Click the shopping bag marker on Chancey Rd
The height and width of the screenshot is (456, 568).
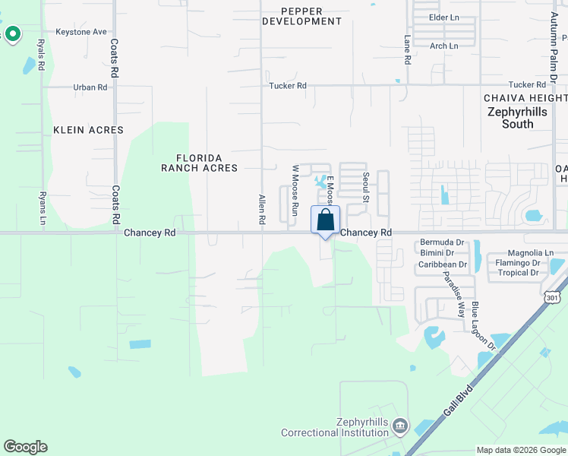326,220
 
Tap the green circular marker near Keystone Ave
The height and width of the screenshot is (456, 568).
12,33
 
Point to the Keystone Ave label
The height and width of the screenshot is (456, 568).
80,32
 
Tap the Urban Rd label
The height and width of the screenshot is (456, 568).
90,87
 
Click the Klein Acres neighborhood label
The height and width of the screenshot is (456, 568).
88,130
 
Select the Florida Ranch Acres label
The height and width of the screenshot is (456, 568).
200,162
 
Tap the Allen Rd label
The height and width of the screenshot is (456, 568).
262,208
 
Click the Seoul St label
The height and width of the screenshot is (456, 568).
365,187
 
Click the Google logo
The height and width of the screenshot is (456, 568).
26,447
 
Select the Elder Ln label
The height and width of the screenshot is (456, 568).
445,17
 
